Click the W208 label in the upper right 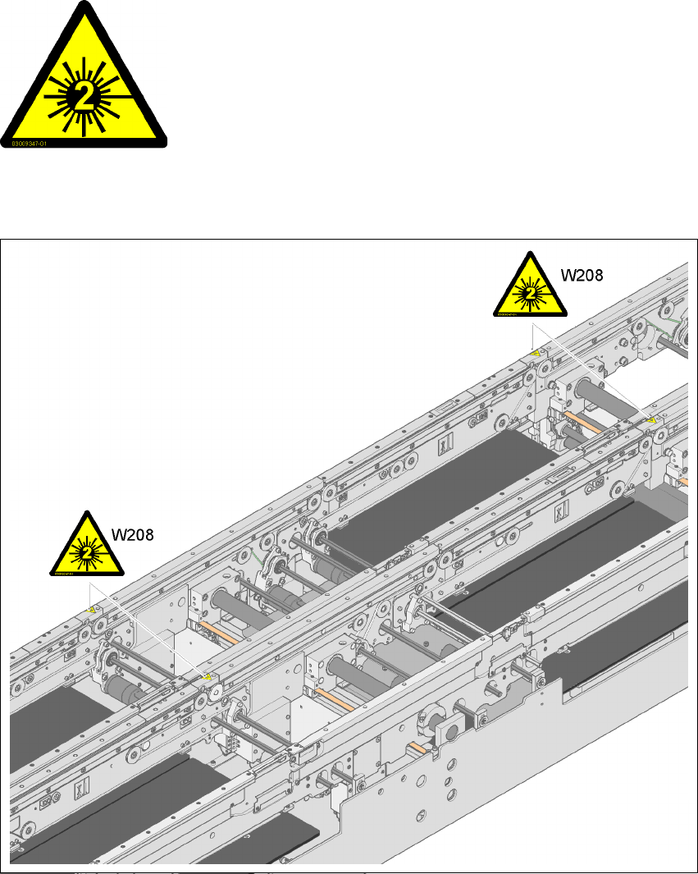[x=581, y=276]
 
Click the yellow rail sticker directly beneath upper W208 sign [x=536, y=354]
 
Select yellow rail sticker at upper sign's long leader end [x=652, y=420]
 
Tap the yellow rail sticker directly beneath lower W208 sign [x=92, y=610]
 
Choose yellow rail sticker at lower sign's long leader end [x=208, y=677]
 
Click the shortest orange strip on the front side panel [x=417, y=747]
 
